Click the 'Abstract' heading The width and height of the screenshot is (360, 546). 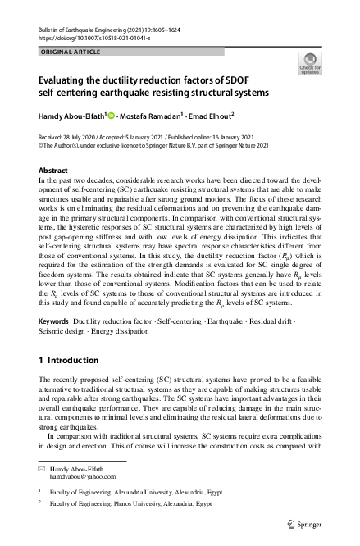[53, 171]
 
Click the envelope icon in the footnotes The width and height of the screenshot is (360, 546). [43, 466]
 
